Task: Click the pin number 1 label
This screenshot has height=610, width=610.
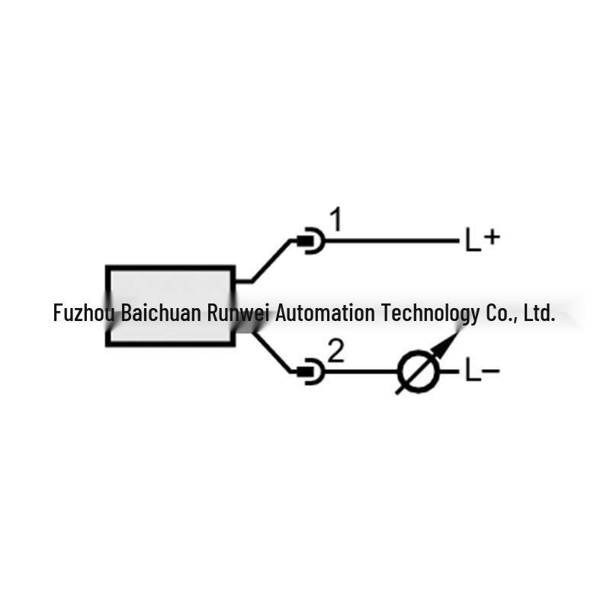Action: [336, 220]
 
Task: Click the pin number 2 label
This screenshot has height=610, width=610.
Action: [336, 351]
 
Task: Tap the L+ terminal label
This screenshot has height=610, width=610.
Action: [483, 240]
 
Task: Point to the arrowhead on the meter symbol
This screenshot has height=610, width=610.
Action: [447, 345]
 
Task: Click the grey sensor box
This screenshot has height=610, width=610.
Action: [170, 306]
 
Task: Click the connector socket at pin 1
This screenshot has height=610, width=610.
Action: [310, 241]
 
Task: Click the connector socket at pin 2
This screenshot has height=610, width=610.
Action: [310, 372]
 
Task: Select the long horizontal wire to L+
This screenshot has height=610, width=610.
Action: [392, 241]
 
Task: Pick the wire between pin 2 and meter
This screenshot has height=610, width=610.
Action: [361, 372]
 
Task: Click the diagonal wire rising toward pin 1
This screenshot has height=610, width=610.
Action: [271, 260]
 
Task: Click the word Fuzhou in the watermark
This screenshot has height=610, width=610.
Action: [84, 313]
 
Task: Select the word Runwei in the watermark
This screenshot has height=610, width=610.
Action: [238, 313]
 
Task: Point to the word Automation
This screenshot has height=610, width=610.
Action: [326, 313]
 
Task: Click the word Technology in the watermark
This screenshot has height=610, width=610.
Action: [430, 313]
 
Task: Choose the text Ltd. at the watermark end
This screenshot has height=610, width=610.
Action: [539, 313]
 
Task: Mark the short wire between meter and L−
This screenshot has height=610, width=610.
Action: [449, 372]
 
